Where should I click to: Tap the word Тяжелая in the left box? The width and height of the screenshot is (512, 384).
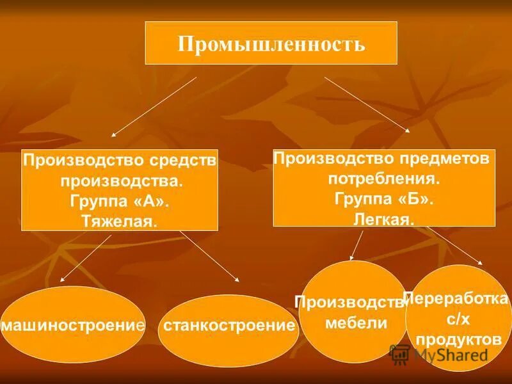[x=119, y=221]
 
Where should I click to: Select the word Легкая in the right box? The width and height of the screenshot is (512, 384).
[x=383, y=219]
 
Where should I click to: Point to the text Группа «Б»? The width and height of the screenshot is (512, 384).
[x=384, y=198]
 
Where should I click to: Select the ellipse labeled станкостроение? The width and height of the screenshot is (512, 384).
[x=229, y=325]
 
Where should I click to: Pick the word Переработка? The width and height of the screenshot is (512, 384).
[x=456, y=299]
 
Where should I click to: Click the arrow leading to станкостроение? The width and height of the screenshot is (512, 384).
[x=209, y=257]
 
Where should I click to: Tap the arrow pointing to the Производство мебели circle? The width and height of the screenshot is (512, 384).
[x=356, y=246]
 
